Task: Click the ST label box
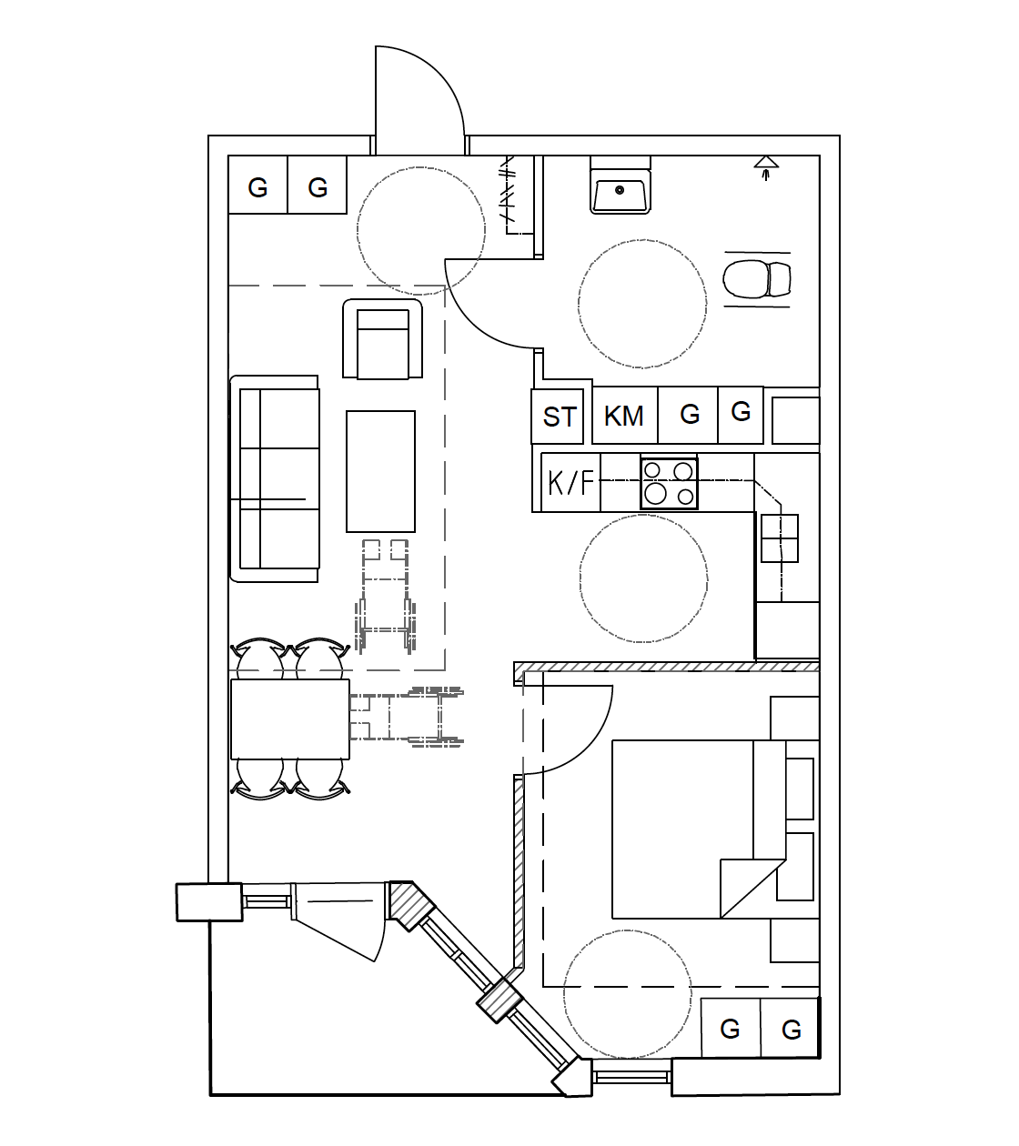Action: point(560,416)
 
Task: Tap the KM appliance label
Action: point(624,416)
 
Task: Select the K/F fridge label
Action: point(570,482)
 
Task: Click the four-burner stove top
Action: point(670,483)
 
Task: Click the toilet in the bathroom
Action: point(757,279)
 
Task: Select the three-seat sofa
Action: point(275,478)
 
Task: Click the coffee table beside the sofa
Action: point(380,471)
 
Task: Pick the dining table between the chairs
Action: point(290,719)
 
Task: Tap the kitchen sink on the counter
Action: point(780,538)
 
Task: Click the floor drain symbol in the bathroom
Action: point(766,166)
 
